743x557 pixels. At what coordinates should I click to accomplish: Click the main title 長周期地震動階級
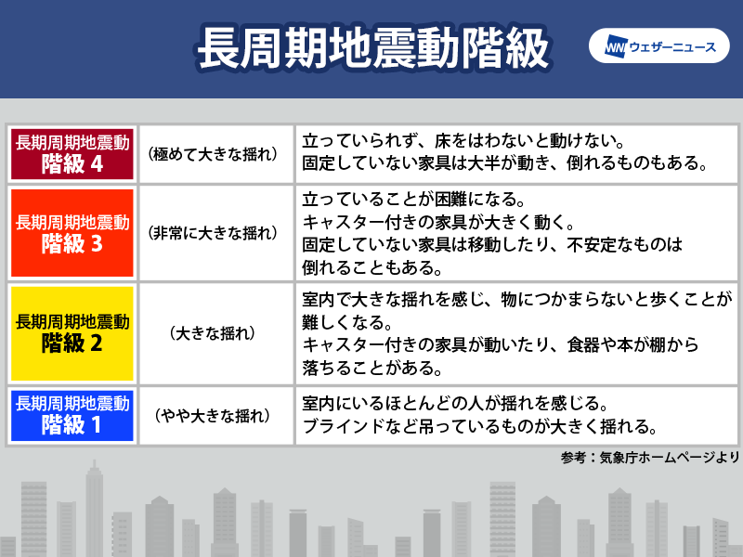pyautogui.click(x=373, y=48)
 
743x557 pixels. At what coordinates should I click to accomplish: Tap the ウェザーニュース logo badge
pyautogui.click(x=658, y=45)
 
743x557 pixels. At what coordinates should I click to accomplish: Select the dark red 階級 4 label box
pyautogui.click(x=72, y=154)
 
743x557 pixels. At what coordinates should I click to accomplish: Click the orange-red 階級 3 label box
pyautogui.click(x=72, y=233)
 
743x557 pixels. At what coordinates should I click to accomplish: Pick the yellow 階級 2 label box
pyautogui.click(x=72, y=333)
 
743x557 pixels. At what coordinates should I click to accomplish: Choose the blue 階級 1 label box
pyautogui.click(x=72, y=415)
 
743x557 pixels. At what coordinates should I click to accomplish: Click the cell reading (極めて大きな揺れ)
pyautogui.click(x=213, y=154)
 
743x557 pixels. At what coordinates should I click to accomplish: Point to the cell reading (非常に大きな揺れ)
pyautogui.click(x=213, y=233)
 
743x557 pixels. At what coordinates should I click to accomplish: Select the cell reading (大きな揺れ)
pyautogui.click(x=213, y=333)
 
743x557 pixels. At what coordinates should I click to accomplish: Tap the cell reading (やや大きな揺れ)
pyautogui.click(x=213, y=415)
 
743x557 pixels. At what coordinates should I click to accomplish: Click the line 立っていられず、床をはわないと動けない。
pyautogui.click(x=463, y=140)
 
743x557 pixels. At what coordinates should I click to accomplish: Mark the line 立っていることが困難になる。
pyautogui.click(x=414, y=199)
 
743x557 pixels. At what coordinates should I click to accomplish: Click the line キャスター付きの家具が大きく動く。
pyautogui.click(x=438, y=222)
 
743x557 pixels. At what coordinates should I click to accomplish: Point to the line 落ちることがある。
pyautogui.click(x=372, y=368)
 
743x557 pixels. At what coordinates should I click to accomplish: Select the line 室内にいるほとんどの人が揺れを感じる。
pyautogui.click(x=455, y=404)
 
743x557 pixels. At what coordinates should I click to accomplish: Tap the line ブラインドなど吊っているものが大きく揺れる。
pyautogui.click(x=480, y=427)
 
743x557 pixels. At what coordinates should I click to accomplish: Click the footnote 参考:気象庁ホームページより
pyautogui.click(x=650, y=457)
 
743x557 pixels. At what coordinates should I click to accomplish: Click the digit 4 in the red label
pyautogui.click(x=97, y=164)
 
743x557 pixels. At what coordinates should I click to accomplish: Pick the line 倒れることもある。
pyautogui.click(x=372, y=268)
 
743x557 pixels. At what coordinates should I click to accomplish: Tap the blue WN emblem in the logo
pyautogui.click(x=617, y=46)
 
